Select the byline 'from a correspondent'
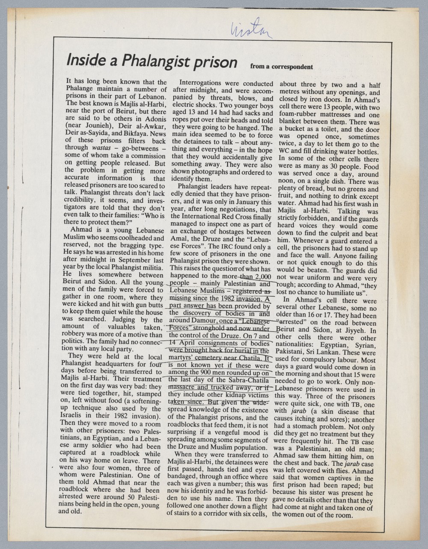coord(282,67)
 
